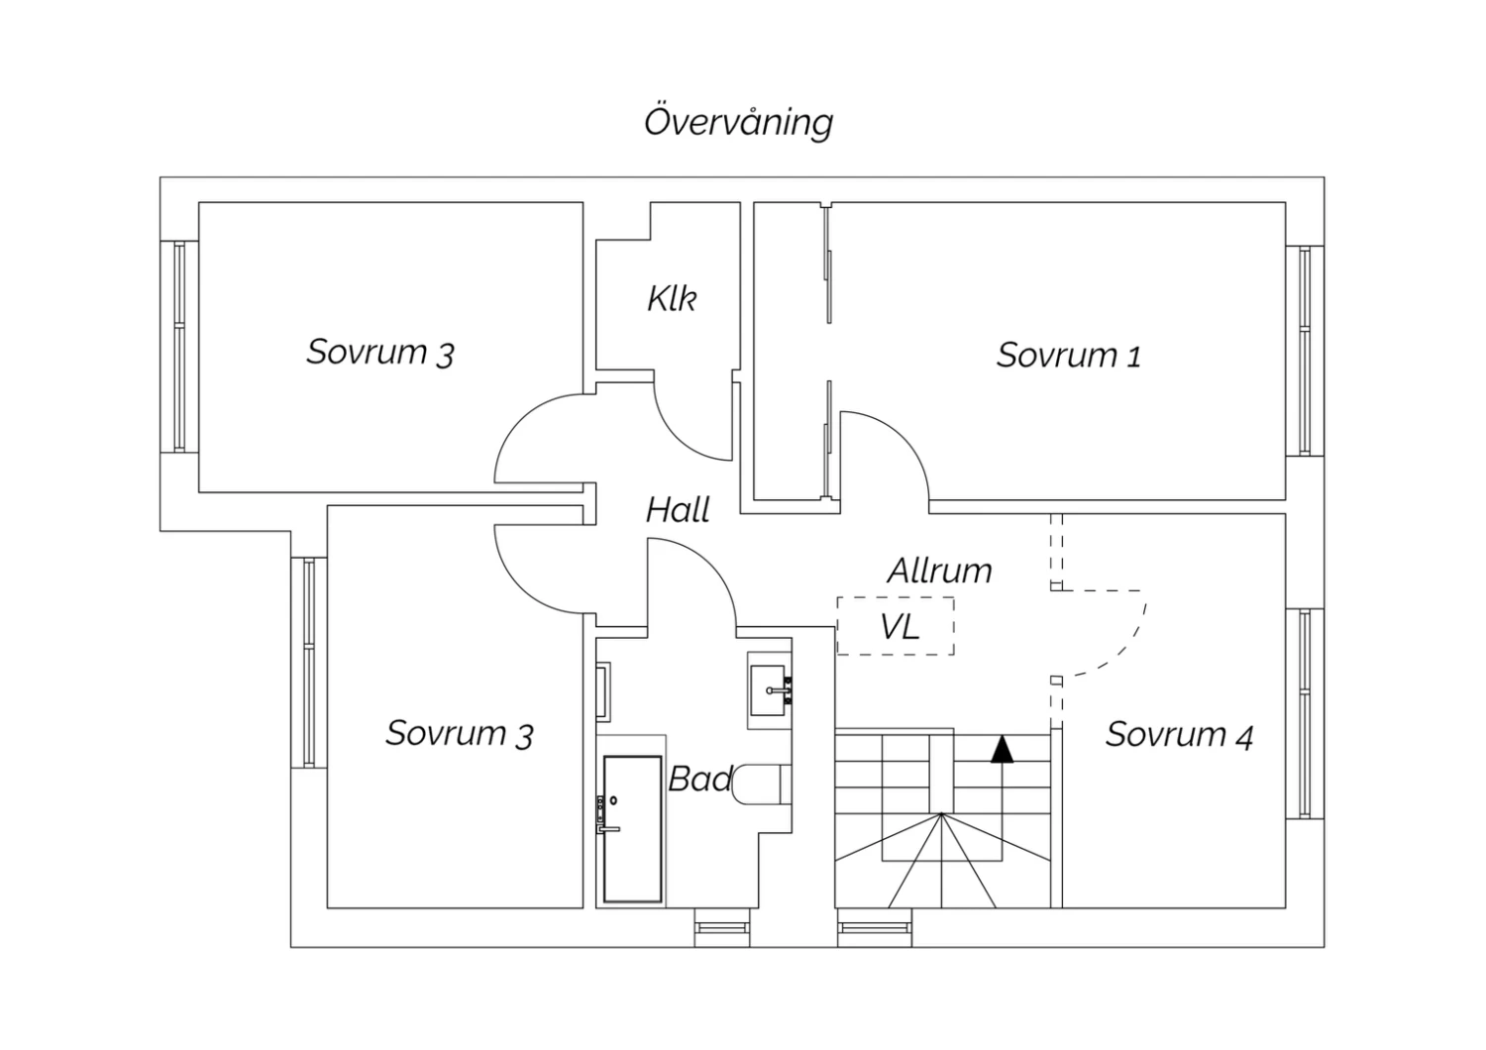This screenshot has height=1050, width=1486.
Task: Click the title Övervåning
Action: (738, 122)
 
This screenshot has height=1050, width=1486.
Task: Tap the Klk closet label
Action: (672, 298)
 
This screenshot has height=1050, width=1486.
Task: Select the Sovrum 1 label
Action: (1068, 355)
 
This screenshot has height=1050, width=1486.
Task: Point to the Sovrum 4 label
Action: (1179, 735)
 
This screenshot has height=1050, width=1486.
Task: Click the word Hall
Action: (678, 510)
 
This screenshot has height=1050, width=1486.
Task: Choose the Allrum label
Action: (939, 571)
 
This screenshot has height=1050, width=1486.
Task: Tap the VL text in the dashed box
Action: (900, 626)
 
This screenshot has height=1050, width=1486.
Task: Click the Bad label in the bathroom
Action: (699, 780)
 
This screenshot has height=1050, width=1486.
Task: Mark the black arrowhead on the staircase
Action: (1003, 749)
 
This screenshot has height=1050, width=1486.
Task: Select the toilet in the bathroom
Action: (763, 783)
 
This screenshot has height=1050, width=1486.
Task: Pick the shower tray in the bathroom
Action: (632, 829)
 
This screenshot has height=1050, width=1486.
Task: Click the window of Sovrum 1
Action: (1305, 351)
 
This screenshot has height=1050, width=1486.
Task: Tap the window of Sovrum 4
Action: (1305, 713)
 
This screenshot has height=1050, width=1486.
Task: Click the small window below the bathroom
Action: (721, 928)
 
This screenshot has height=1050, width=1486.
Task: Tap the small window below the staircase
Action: (874, 928)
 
